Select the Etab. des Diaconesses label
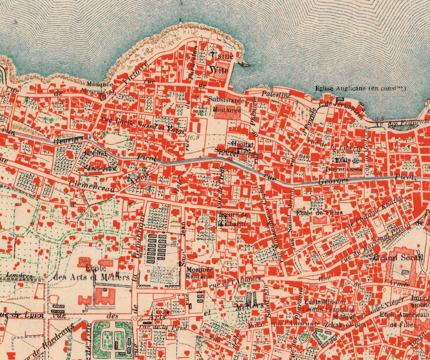click(x=348, y=164)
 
